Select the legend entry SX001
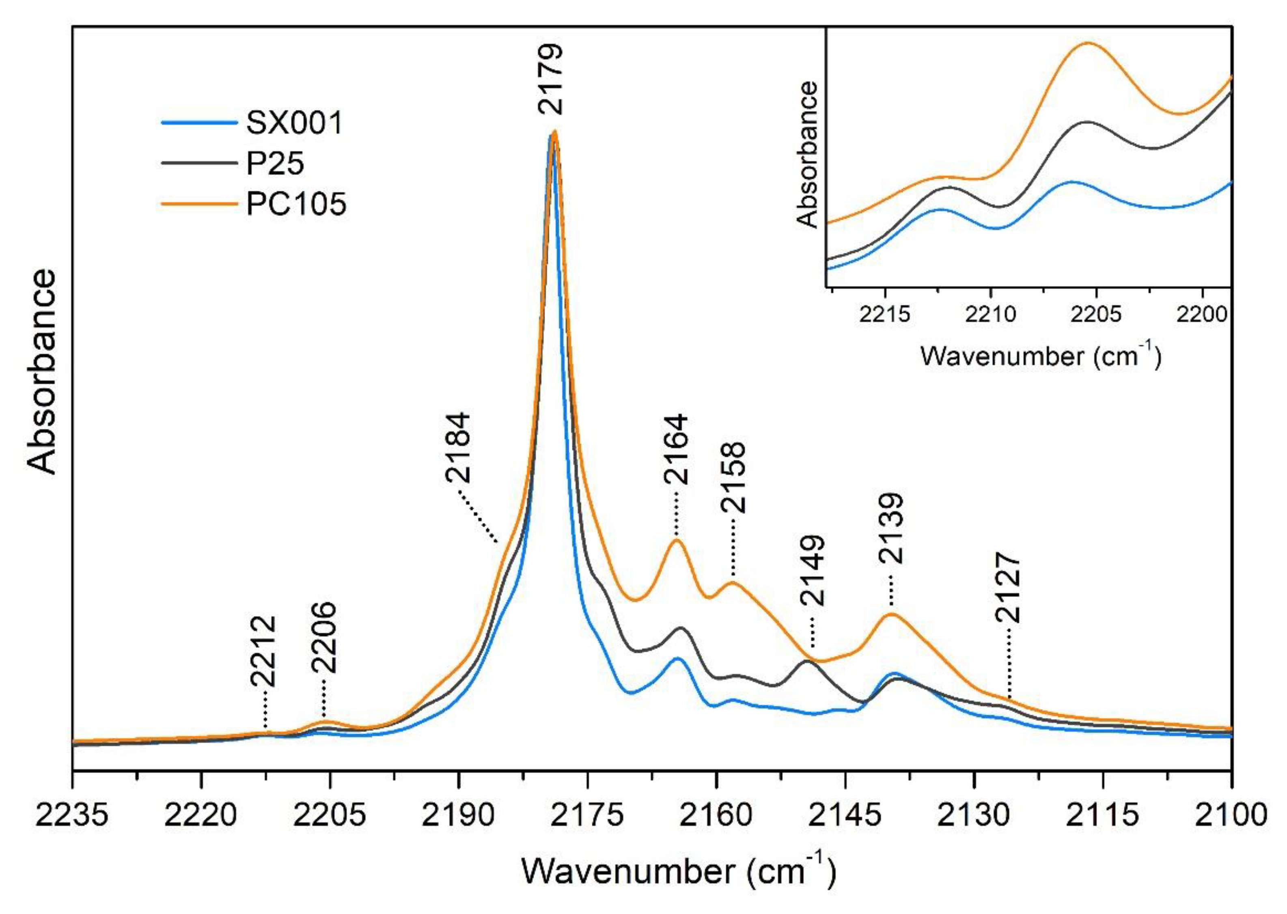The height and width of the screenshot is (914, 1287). click(x=294, y=122)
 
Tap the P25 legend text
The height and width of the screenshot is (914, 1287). click(x=275, y=163)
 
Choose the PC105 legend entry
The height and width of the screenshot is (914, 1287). click(x=296, y=204)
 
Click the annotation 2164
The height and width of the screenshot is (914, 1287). click(x=676, y=450)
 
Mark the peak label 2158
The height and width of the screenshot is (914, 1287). click(x=733, y=477)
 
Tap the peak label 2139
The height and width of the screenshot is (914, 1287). click(x=891, y=528)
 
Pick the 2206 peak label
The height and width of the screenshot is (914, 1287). click(x=324, y=638)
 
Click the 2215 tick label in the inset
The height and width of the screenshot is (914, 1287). click(x=886, y=314)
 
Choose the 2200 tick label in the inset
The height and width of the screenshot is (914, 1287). click(x=1202, y=314)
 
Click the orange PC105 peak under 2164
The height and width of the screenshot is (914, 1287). click(x=677, y=540)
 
